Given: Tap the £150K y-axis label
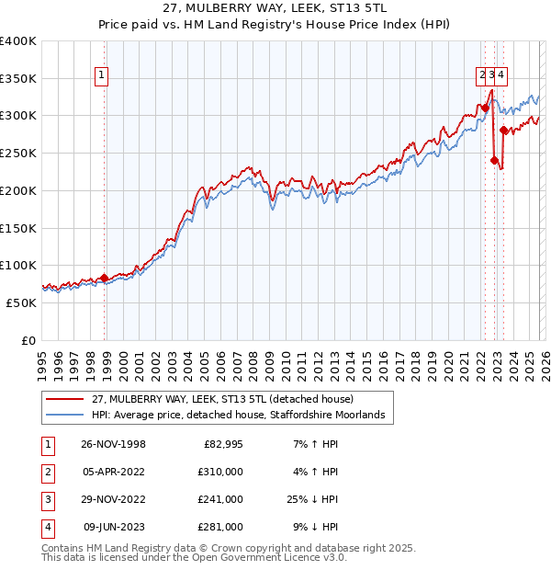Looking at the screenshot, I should coord(18,228).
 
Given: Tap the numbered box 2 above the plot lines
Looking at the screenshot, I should coord(481,77).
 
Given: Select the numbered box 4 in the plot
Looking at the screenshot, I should coord(503,77).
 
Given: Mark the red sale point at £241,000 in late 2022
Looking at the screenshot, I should coord(495,160).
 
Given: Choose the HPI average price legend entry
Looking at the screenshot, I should coord(242,416).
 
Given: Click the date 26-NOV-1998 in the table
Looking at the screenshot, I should coord(114,444).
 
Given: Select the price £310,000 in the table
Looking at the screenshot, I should coord(220,472).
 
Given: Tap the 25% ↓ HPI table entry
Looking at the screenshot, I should coord(311,499).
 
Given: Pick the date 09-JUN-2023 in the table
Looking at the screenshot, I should coord(114,527).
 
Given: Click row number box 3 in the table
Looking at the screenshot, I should coord(45,499).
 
